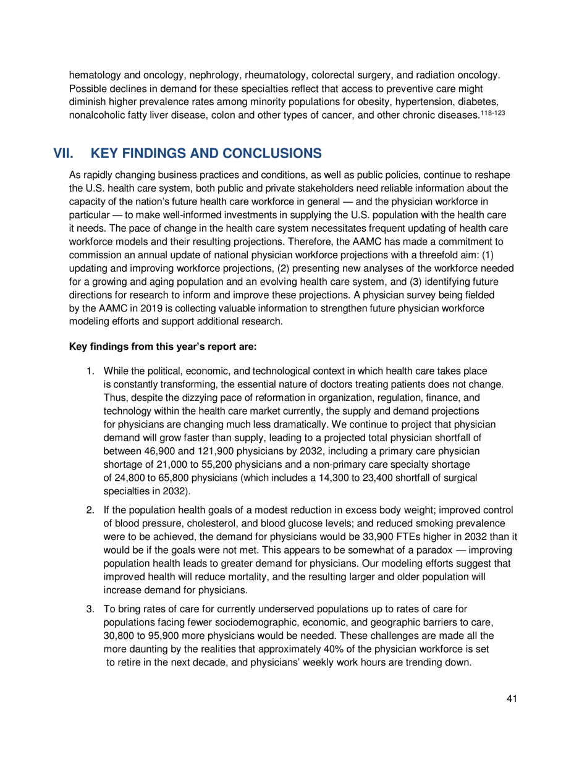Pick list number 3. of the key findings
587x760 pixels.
tap(90, 610)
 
